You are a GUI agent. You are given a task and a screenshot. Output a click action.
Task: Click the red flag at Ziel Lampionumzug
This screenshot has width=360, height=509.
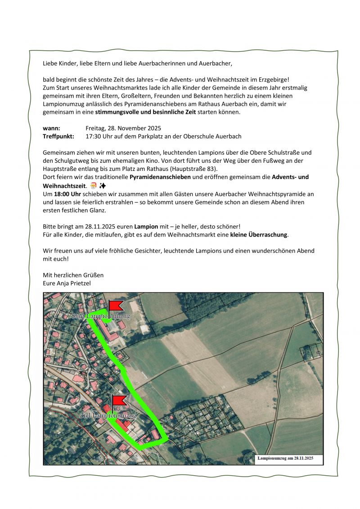click(119, 400)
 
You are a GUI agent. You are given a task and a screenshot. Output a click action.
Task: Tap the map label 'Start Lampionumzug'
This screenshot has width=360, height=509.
click(100, 316)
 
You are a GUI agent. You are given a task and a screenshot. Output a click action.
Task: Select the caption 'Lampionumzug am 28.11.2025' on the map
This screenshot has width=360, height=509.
click(285, 458)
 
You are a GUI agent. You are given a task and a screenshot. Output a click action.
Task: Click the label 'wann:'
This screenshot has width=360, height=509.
click(51, 128)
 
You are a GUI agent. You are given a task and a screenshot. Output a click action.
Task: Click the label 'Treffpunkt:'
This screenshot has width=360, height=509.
click(58, 136)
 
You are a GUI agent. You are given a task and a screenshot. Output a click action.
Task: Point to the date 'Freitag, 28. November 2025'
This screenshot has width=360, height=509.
click(123, 128)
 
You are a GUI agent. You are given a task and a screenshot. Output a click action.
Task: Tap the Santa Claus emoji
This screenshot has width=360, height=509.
click(93, 186)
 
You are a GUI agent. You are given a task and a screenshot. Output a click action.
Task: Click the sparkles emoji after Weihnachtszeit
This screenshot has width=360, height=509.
click(103, 186)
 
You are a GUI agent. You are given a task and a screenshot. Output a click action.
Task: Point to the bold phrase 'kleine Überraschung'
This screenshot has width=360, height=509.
click(258, 234)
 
